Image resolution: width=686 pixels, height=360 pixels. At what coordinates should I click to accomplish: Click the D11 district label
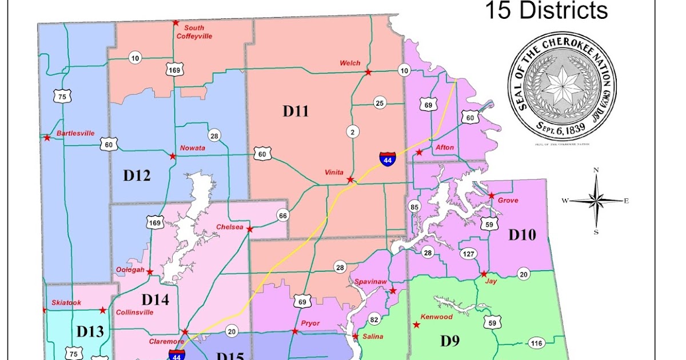coord(296,111)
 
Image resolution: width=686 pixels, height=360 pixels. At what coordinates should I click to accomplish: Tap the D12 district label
coord(137,175)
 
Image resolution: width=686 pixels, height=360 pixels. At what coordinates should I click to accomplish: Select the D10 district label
coord(523,234)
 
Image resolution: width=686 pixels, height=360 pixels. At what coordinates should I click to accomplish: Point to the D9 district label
coord(449,341)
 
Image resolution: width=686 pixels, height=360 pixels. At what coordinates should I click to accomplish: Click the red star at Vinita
coord(350,180)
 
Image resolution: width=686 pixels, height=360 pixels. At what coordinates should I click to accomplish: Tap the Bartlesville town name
coord(75,133)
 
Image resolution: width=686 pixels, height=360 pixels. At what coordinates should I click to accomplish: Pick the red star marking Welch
coord(368,73)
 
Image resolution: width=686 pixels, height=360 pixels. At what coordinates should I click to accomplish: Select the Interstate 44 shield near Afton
coord(387,158)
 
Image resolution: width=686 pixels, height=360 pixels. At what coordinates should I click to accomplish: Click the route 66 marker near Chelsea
coord(282,215)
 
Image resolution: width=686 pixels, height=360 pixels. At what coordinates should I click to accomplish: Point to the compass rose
coord(596,201)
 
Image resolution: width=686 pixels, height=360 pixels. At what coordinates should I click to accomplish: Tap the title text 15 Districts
coord(546,10)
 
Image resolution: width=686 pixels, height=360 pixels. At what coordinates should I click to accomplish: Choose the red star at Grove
coord(491,196)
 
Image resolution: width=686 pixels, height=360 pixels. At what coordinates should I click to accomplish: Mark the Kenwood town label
coord(436,317)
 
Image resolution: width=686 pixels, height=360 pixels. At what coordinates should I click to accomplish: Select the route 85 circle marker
coord(414,206)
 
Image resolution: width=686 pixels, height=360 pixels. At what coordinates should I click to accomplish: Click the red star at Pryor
coord(295,331)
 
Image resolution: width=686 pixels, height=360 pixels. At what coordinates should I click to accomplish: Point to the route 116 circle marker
coord(536,343)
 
